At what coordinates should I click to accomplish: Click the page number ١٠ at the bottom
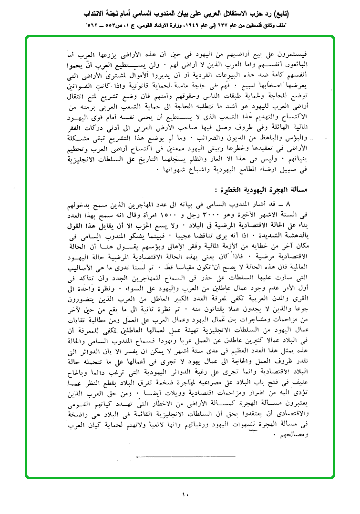185,494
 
